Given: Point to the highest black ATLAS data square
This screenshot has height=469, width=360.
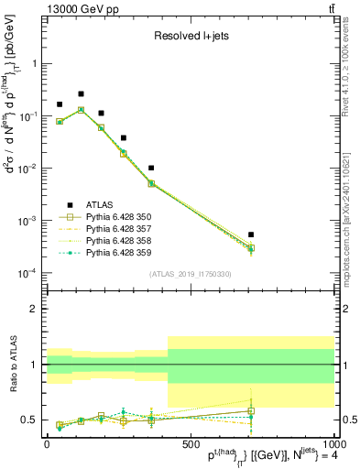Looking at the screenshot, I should pyautogui.click(x=81, y=93).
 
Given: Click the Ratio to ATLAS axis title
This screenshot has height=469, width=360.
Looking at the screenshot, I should pyautogui.click(x=13, y=366).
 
